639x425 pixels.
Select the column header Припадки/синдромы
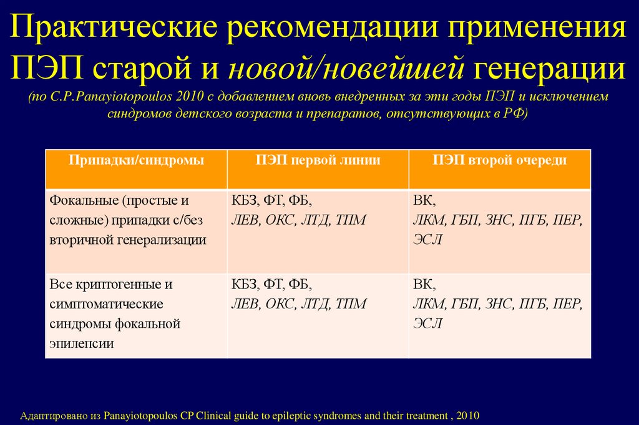[x=136, y=160]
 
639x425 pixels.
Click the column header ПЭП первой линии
[x=318, y=160]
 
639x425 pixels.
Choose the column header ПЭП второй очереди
[x=500, y=160]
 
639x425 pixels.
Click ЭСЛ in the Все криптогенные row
[x=427, y=323]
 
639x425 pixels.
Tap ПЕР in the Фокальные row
[x=567, y=220]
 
